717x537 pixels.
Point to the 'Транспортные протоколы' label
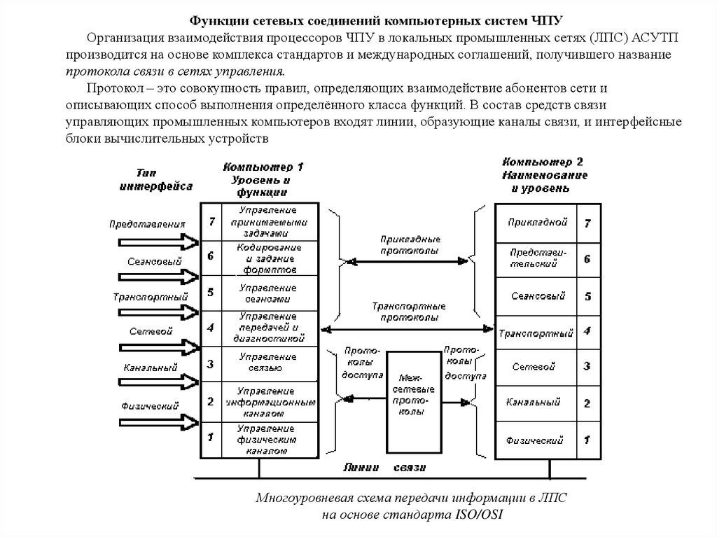(x=410, y=312)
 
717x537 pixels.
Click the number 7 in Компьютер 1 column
(x=210, y=221)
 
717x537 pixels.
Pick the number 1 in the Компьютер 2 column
(x=587, y=441)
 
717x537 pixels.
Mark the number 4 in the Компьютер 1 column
(x=210, y=327)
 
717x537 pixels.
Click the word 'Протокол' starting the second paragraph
(x=110, y=88)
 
